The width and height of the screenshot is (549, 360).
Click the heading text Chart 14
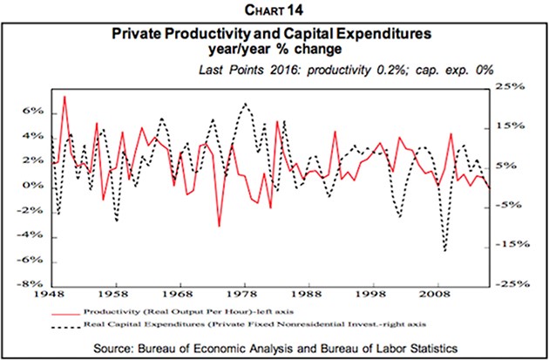tap(274, 10)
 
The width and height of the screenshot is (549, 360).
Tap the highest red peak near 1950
tap(64, 97)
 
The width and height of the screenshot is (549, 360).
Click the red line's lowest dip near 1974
tap(219, 226)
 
